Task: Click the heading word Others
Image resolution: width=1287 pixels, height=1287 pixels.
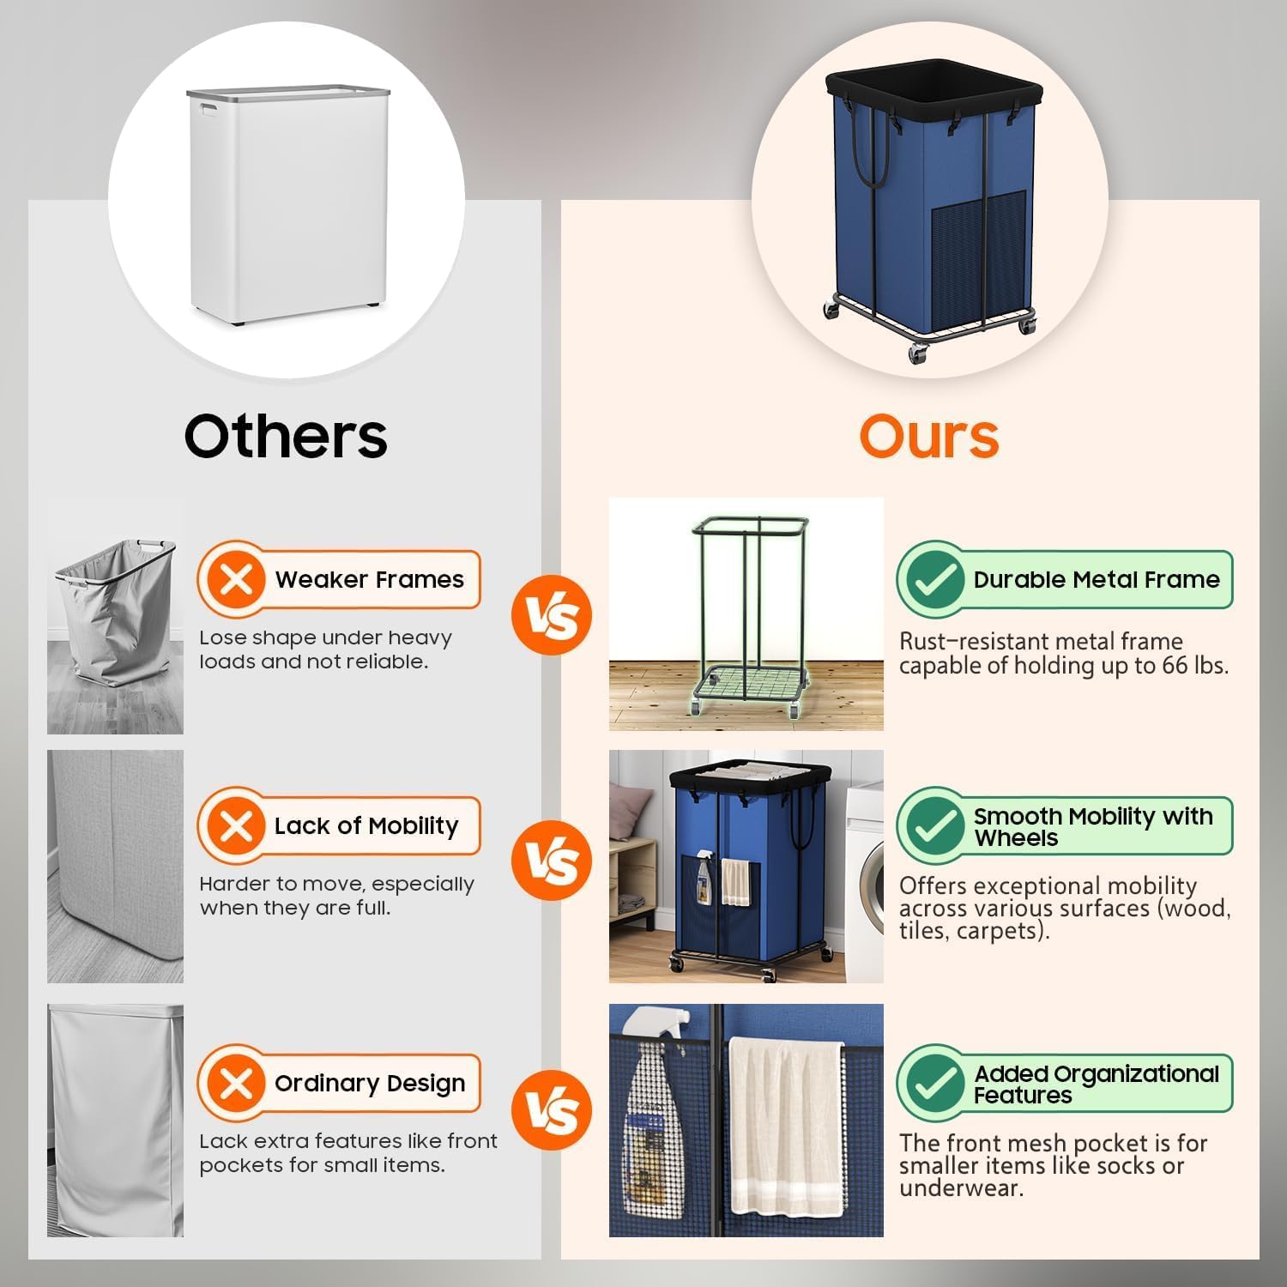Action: click(x=286, y=436)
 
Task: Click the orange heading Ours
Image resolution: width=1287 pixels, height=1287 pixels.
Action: click(x=928, y=436)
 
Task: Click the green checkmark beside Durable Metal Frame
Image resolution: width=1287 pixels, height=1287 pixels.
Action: click(x=935, y=580)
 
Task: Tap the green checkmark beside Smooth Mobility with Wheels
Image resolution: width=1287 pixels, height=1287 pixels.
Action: click(x=935, y=826)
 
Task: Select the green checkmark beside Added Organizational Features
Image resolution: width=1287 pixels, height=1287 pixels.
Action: click(x=935, y=1084)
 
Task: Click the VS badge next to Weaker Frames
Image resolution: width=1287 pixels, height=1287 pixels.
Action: click(x=552, y=616)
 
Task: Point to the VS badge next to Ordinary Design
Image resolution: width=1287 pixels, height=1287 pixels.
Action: click(x=552, y=1110)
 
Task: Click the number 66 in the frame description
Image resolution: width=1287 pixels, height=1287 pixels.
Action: click(x=1176, y=666)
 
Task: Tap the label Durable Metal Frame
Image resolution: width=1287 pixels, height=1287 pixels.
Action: click(x=1096, y=580)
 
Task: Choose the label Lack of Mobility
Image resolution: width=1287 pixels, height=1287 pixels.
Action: click(x=366, y=826)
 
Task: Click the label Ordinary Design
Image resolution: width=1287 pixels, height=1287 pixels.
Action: click(x=370, y=1084)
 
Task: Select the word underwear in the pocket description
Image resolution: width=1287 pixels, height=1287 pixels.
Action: click(x=961, y=1188)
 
